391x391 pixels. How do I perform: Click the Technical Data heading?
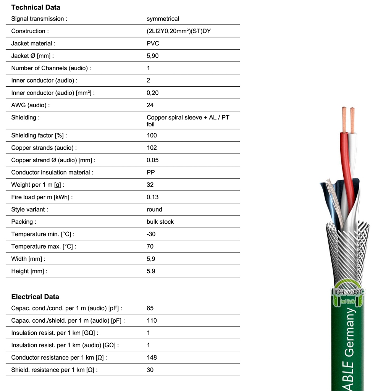coord(36,7)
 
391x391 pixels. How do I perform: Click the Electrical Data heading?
coord(35,297)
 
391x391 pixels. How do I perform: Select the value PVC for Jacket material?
coord(153,44)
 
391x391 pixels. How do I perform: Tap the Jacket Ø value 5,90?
coord(152,56)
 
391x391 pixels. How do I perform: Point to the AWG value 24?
coord(150,105)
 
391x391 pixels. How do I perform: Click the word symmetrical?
coord(163,19)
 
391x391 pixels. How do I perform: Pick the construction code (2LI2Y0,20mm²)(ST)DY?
coord(179,31)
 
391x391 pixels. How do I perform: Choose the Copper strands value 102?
coord(152,148)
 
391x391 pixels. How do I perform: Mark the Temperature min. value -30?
coord(151,234)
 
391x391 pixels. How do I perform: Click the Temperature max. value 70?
coord(150,246)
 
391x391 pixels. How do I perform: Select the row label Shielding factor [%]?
coord(39,136)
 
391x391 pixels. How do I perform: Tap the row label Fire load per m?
coord(42,197)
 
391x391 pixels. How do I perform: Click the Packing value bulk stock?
coord(160,222)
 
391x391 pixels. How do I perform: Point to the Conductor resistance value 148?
coord(152,357)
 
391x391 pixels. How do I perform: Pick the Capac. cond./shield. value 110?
coord(152,320)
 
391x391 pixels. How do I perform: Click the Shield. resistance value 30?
coord(150,370)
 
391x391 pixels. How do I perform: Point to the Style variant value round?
coord(154,209)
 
